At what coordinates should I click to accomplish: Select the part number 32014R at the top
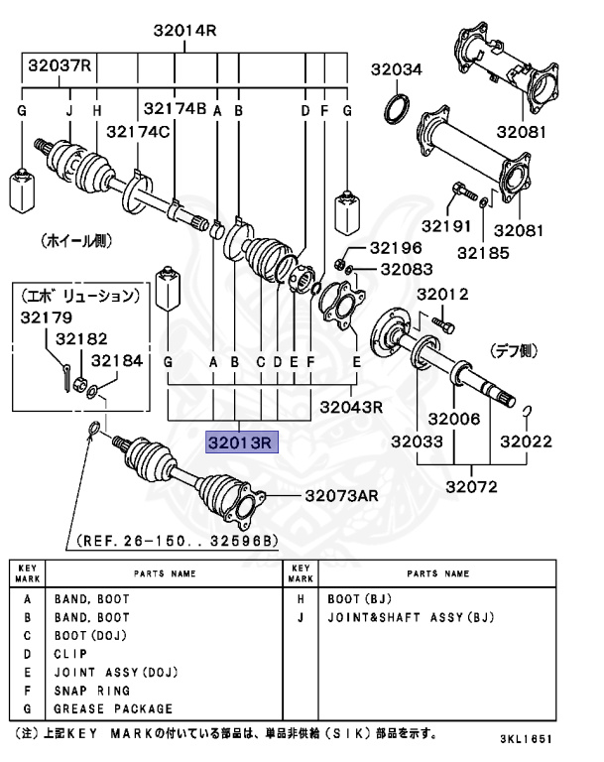point(184,31)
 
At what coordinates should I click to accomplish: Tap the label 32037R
point(60,66)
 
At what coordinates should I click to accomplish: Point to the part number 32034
point(397,69)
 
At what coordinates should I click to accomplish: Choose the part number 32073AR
point(341,494)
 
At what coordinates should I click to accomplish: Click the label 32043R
point(351,407)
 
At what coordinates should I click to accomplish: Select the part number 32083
point(406,269)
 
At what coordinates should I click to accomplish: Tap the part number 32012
point(441,295)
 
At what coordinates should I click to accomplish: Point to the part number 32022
point(526,441)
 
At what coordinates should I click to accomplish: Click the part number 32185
point(484,252)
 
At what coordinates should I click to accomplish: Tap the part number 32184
point(117,359)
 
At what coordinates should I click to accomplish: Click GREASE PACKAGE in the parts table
point(113,708)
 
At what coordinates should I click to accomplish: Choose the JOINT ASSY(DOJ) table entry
point(115,672)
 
